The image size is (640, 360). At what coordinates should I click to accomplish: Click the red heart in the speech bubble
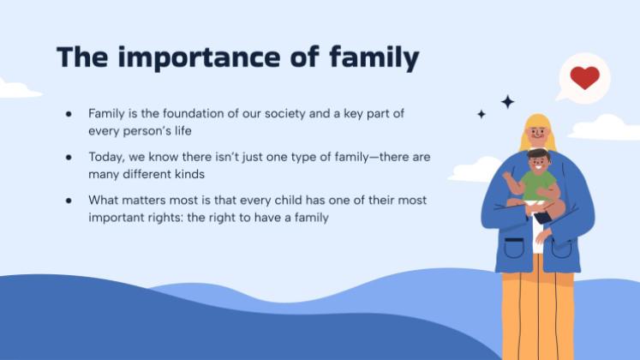click(584, 77)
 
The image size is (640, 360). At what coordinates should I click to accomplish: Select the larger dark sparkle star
click(508, 101)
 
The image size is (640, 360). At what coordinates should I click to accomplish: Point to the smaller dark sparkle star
click(481, 114)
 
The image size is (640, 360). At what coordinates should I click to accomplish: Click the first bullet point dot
click(69, 113)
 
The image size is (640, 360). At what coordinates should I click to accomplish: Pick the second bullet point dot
click(69, 157)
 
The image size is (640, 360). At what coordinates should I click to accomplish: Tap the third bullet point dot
click(69, 201)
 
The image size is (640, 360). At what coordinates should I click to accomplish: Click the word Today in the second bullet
click(106, 157)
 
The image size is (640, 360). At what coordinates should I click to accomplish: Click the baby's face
click(538, 162)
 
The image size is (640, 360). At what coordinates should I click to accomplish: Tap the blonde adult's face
click(536, 133)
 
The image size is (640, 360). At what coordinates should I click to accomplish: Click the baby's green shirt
click(540, 185)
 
